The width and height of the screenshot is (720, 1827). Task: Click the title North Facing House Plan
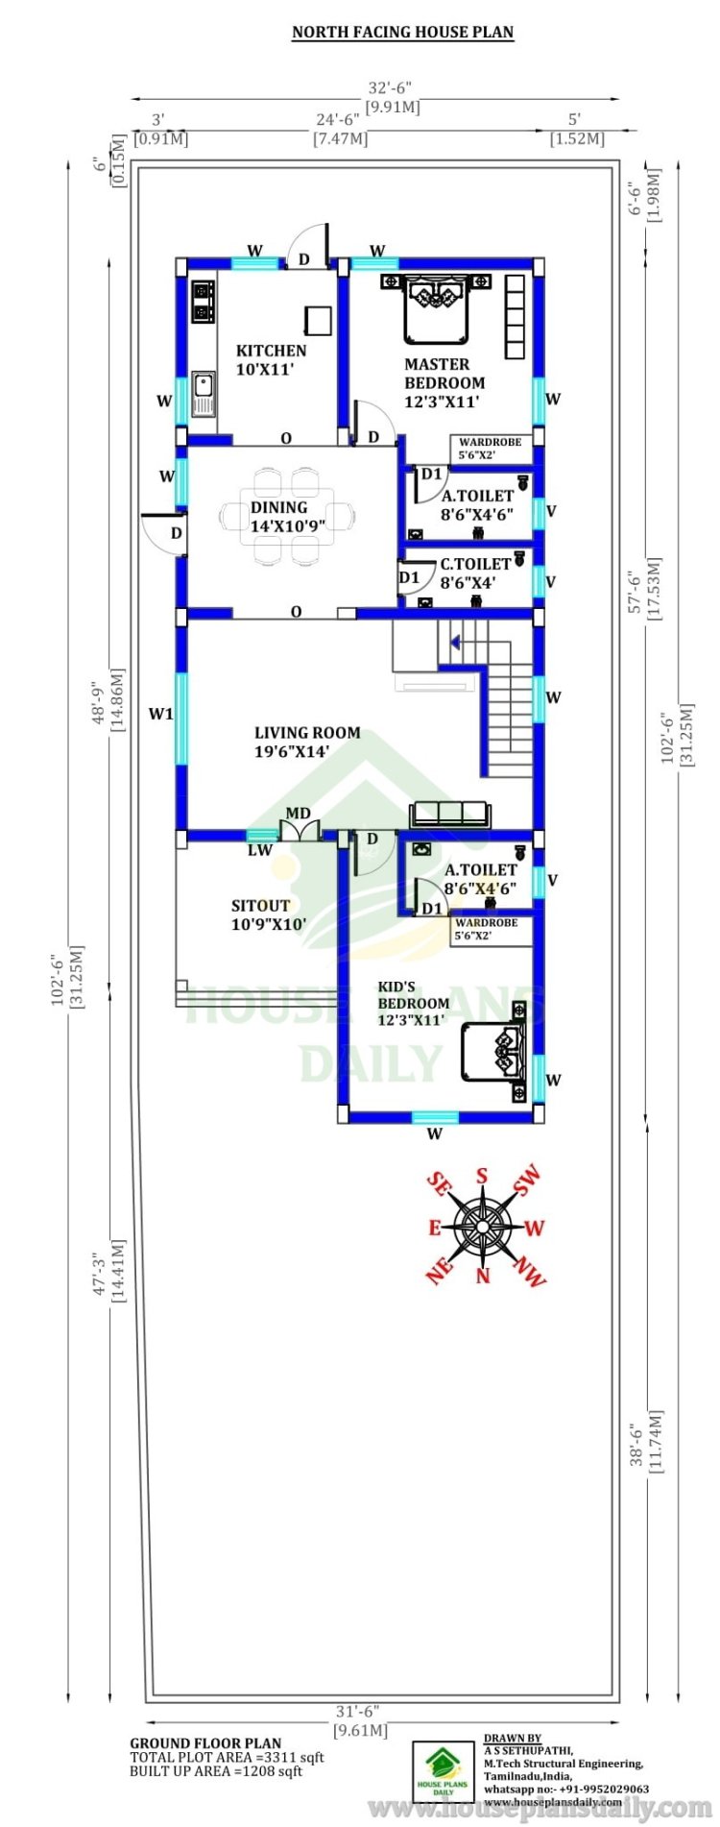tap(402, 32)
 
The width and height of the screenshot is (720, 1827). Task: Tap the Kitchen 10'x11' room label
tap(272, 359)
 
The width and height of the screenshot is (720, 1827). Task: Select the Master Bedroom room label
tap(444, 382)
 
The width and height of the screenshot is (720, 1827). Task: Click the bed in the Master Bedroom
tap(437, 307)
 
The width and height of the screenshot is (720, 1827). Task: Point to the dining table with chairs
tap(290, 516)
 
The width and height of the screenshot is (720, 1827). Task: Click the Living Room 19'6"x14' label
tap(307, 742)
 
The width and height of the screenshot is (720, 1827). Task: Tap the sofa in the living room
tap(450, 815)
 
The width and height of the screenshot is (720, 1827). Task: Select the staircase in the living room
tap(486, 696)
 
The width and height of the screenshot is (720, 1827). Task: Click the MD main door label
tap(299, 813)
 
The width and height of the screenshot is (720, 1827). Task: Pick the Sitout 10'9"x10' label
tap(269, 914)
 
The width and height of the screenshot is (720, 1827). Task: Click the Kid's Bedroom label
tap(413, 1003)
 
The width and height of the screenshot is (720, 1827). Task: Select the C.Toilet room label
tap(475, 572)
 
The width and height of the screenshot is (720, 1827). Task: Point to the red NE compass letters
tap(439, 1272)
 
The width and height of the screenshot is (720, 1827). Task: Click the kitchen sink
tap(203, 394)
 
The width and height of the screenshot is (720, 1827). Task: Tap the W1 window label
tap(160, 714)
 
